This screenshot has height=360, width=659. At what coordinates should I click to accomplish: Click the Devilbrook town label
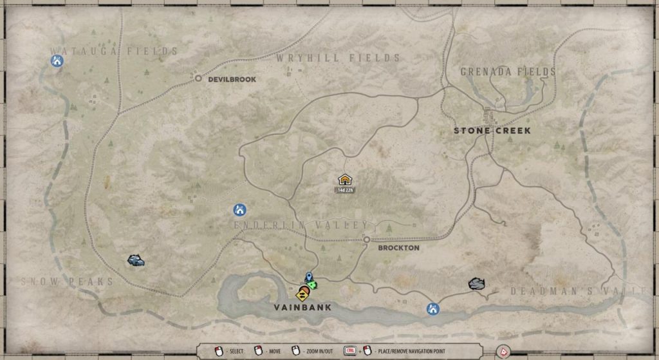pos(232,79)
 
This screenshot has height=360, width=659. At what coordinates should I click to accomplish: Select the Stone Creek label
pos(492,131)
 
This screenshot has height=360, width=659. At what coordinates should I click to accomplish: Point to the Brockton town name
pos(398,247)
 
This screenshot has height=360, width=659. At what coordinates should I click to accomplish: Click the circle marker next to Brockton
pos(367,240)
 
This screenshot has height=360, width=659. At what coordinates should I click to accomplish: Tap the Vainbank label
pos(303,308)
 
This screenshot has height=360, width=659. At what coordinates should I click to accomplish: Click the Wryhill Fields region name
pos(339,58)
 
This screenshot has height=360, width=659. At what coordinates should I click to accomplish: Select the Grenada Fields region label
pos(508,72)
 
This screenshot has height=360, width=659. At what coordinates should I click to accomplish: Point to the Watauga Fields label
pos(114,51)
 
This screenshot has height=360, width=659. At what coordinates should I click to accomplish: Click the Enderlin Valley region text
pos(301,225)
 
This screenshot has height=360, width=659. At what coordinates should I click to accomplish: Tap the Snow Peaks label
pos(67,281)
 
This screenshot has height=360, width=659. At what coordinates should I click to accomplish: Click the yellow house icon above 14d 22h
pos(345,180)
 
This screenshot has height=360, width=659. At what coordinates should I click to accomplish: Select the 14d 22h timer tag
pos(345,190)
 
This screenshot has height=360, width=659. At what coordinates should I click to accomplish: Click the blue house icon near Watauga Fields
pos(57,61)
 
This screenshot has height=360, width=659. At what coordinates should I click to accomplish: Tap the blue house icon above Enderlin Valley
pos(239,209)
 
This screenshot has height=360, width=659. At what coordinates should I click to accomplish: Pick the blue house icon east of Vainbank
pos(433,309)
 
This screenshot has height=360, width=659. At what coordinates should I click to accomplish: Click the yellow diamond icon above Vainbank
pos(301,296)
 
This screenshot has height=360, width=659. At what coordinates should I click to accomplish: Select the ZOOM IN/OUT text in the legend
pos(320,351)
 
